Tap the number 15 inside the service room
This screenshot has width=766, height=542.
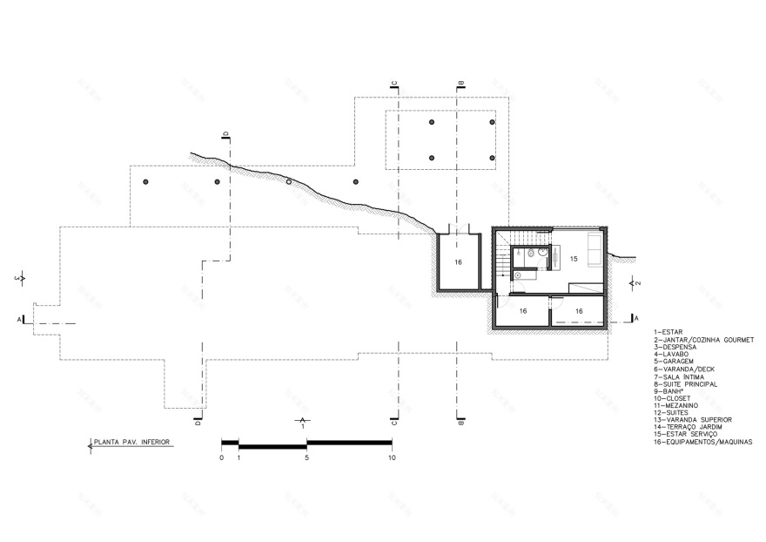pyautogui.click(x=574, y=258)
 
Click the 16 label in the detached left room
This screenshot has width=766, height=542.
pyautogui.click(x=458, y=261)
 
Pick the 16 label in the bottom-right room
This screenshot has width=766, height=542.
pyautogui.click(x=578, y=310)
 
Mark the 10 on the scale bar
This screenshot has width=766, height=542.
pyautogui.click(x=392, y=457)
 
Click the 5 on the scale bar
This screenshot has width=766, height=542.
pyautogui.click(x=306, y=457)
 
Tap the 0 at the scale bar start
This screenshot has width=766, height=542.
pyautogui.click(x=222, y=457)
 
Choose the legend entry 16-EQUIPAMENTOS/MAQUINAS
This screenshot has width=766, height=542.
pyautogui.click(x=702, y=442)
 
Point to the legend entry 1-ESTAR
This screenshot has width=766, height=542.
pyautogui.click(x=670, y=332)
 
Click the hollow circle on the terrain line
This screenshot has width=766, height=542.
pyautogui.click(x=290, y=182)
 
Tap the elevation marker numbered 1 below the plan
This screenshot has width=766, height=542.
pyautogui.click(x=301, y=424)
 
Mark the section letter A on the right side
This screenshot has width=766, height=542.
pyautogui.click(x=637, y=318)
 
